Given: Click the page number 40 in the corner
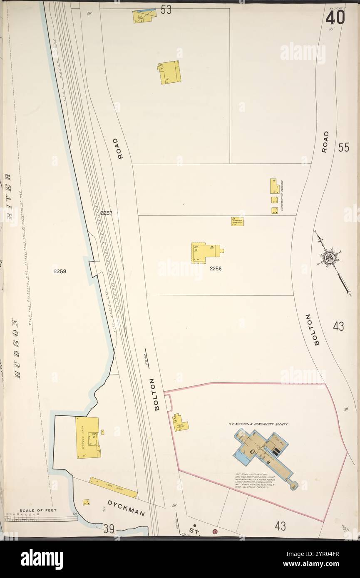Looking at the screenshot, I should [x=335, y=17].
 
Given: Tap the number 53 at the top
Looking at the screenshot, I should [x=166, y=10].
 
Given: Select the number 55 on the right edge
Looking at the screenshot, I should [x=343, y=148].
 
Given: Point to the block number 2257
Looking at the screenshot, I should [x=107, y=213].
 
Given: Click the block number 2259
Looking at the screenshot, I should [x=60, y=272].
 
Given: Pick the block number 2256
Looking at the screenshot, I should [x=216, y=269].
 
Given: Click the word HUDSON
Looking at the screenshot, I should [x=17, y=348].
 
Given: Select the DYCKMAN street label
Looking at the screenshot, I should [x=126, y=508].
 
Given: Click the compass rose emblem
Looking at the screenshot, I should [x=329, y=258].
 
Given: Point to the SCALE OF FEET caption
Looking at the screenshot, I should [x=37, y=510].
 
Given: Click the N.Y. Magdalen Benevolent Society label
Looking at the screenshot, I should [x=258, y=424].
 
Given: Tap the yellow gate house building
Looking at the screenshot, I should [x=180, y=423].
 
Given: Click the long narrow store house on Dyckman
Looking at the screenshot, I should [x=113, y=487].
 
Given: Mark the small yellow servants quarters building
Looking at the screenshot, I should [x=237, y=221].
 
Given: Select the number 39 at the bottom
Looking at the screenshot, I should [x=109, y=529].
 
